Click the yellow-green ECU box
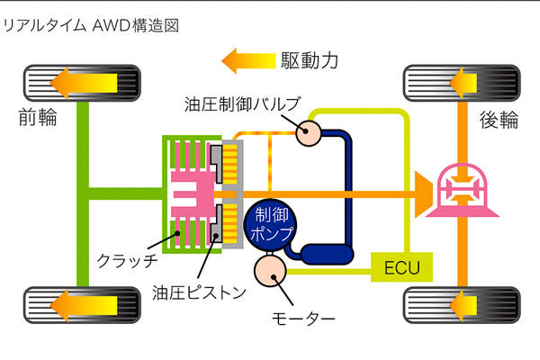coord(401,267)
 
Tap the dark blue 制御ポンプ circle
coord(271,224)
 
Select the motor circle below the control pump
coord(270,271)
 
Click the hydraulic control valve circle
coord(308,133)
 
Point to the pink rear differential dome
coord(462,192)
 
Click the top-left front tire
coord(82,83)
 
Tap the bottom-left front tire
coord(82,305)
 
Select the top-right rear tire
coord(462,83)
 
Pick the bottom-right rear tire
coord(462,305)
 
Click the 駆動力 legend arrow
coord(248,61)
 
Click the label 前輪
coord(38,117)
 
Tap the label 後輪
coord(499,120)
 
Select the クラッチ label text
coord(127,261)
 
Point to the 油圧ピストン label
coord(199,292)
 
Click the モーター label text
coord(303,319)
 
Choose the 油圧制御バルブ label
coord(242,104)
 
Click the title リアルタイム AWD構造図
coord(91,26)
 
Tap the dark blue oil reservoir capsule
coord(328,254)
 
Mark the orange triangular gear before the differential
coord(423,194)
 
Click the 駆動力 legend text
coord(310,61)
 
